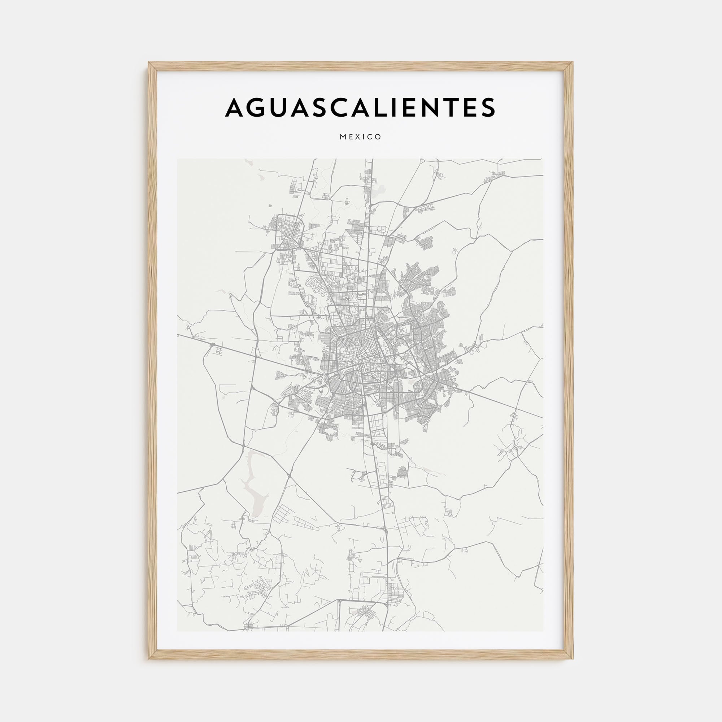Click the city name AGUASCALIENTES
360,107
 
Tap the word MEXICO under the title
361,137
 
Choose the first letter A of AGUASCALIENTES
235,107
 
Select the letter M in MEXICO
343,137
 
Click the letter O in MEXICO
378,137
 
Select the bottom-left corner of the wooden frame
149,658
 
